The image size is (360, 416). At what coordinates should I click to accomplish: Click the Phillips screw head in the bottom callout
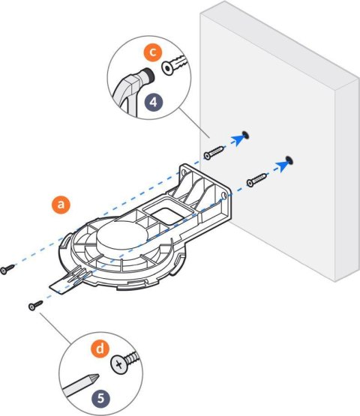pos(120,365)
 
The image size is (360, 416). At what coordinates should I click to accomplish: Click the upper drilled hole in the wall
pos(247,136)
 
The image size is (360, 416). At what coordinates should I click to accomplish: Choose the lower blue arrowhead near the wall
pos(280,164)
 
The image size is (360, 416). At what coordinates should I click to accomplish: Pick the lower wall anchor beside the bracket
pos(257,179)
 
